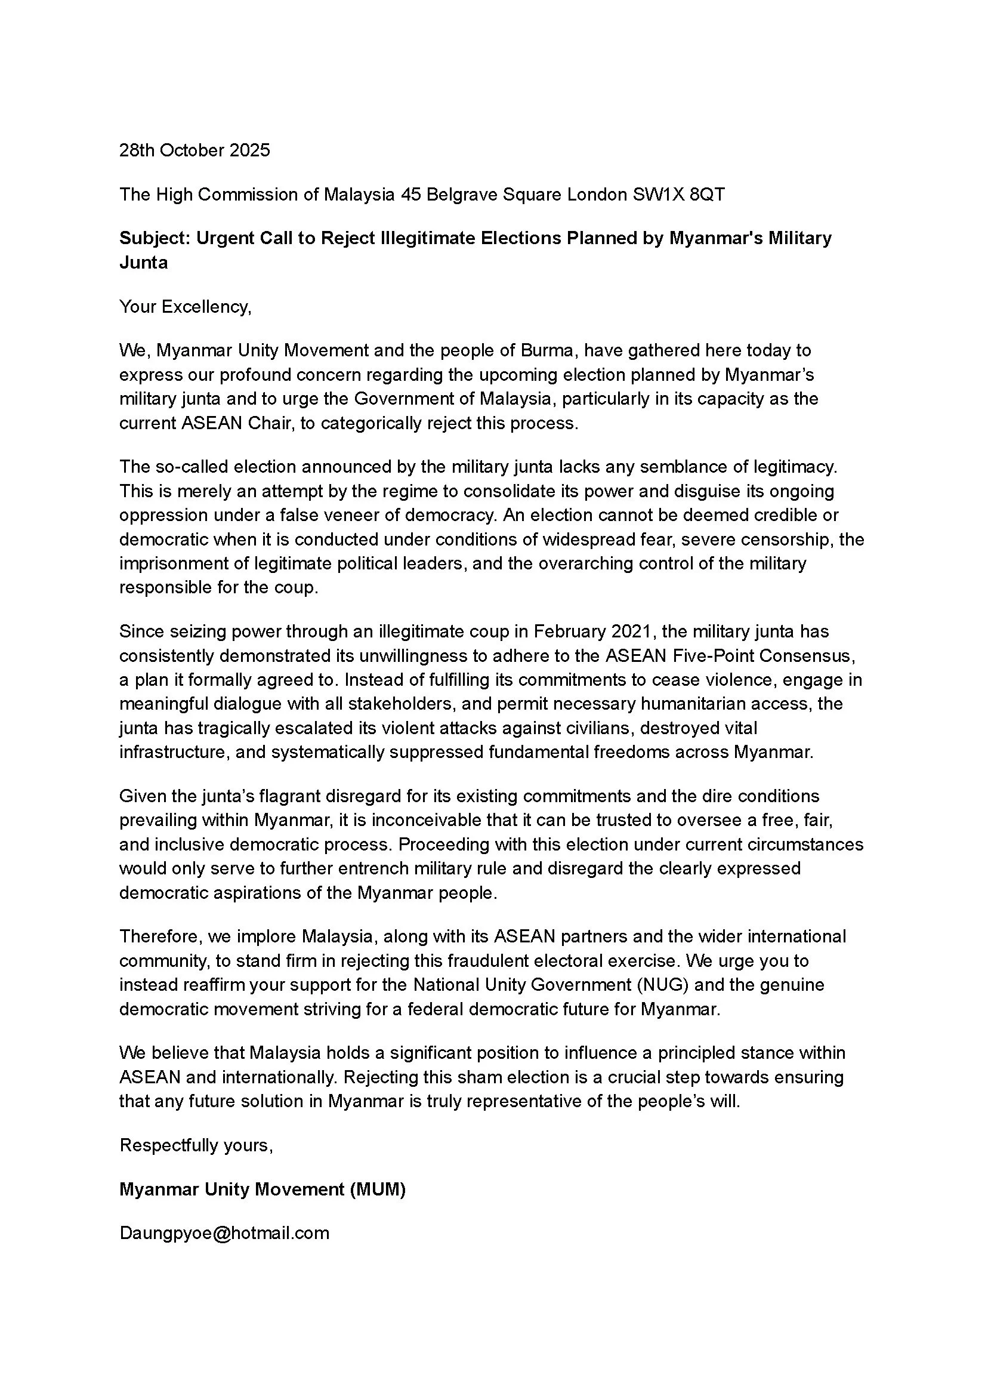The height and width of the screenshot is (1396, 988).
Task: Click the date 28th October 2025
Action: [194, 150]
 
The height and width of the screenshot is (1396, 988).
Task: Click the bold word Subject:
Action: [155, 238]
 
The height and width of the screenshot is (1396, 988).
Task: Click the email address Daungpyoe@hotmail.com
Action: [224, 1233]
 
